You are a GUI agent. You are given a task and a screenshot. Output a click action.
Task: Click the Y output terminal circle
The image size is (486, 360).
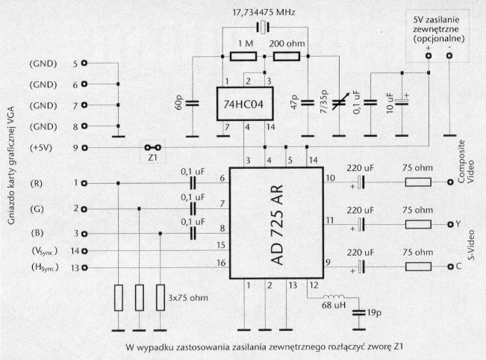(x=449, y=224)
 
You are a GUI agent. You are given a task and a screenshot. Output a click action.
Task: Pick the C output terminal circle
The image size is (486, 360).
(x=449, y=267)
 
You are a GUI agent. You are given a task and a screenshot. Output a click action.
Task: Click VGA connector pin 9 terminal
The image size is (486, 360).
(x=84, y=147)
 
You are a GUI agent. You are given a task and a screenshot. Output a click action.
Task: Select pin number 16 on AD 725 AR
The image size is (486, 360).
(x=221, y=263)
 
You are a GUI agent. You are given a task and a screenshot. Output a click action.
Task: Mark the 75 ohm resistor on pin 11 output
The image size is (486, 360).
(x=417, y=224)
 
